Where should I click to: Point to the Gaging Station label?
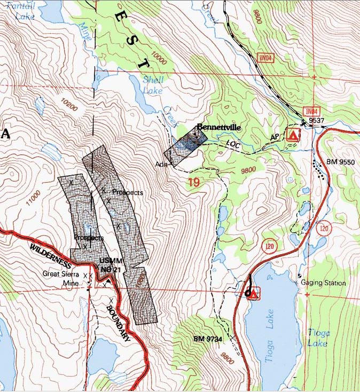pyautogui.click(x=323, y=283)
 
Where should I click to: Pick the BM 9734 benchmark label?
pyautogui.click(x=207, y=339)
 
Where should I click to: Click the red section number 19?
pyautogui.click(x=193, y=183)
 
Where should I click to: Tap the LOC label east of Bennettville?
pyautogui.click(x=234, y=144)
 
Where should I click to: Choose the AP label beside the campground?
pyautogui.click(x=275, y=137)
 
